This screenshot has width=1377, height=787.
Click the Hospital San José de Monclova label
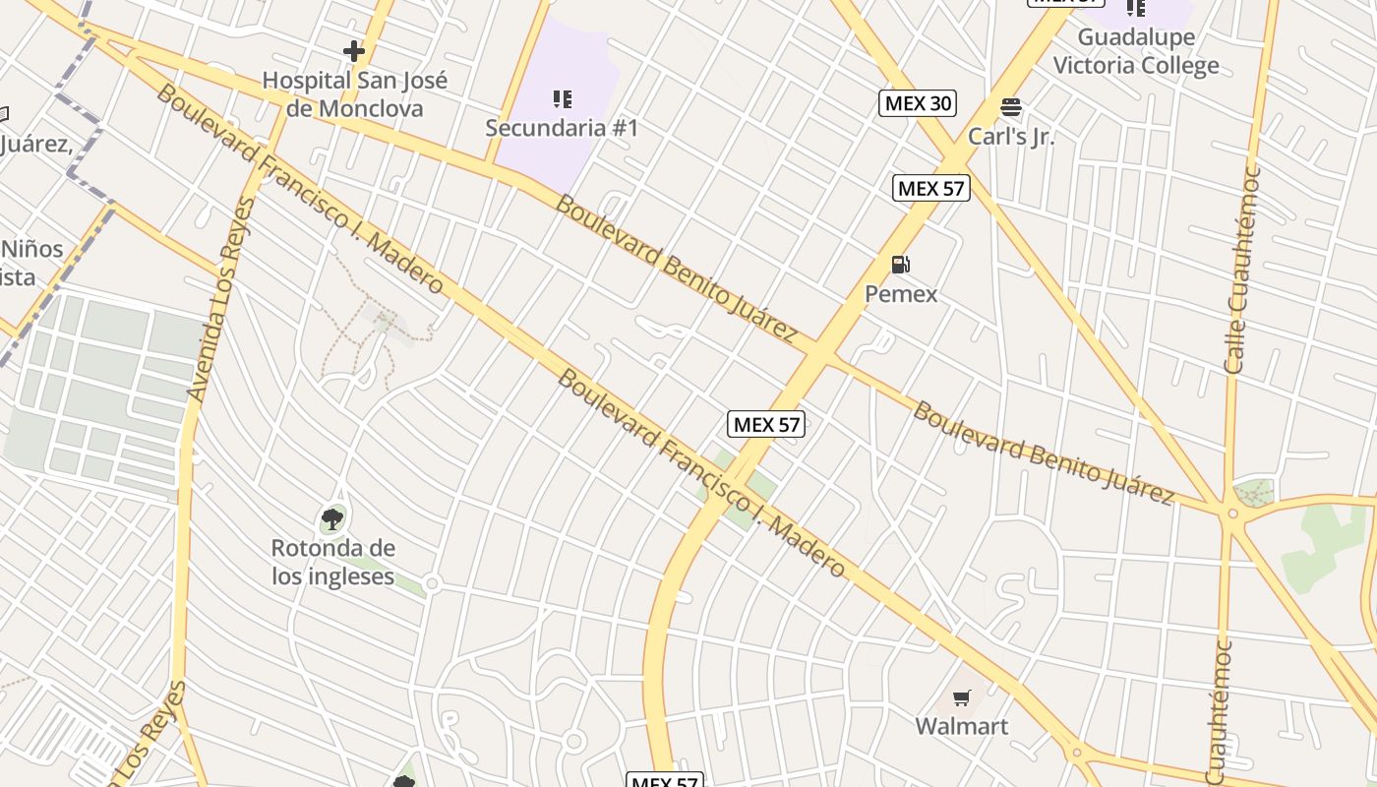(x=354, y=94)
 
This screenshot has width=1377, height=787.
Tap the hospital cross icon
(x=354, y=50)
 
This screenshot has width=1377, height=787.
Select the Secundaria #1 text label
(x=562, y=128)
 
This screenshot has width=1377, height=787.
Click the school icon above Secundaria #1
(x=562, y=98)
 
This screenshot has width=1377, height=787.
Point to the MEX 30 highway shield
(x=918, y=102)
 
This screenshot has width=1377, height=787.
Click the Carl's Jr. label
(x=1011, y=137)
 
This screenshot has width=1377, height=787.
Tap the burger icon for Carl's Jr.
(x=1011, y=107)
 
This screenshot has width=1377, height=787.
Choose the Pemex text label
(x=901, y=294)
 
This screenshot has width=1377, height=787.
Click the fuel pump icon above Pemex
(x=900, y=265)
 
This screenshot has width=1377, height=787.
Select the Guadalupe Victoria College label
(x=1136, y=52)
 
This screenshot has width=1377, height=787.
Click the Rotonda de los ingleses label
(x=333, y=562)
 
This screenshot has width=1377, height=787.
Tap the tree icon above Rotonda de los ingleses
(x=332, y=518)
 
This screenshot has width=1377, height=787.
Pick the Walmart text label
(x=962, y=727)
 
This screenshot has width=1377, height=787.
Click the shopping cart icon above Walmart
(x=962, y=697)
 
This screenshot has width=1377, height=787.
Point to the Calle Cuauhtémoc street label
(x=1241, y=270)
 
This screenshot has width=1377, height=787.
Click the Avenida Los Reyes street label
(x=220, y=301)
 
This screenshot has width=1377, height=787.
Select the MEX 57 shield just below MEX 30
(x=931, y=188)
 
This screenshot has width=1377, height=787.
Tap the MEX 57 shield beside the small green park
(x=766, y=425)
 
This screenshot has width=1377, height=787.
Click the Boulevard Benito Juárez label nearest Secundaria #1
(x=676, y=268)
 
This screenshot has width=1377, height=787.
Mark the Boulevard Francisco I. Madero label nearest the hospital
(x=300, y=190)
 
